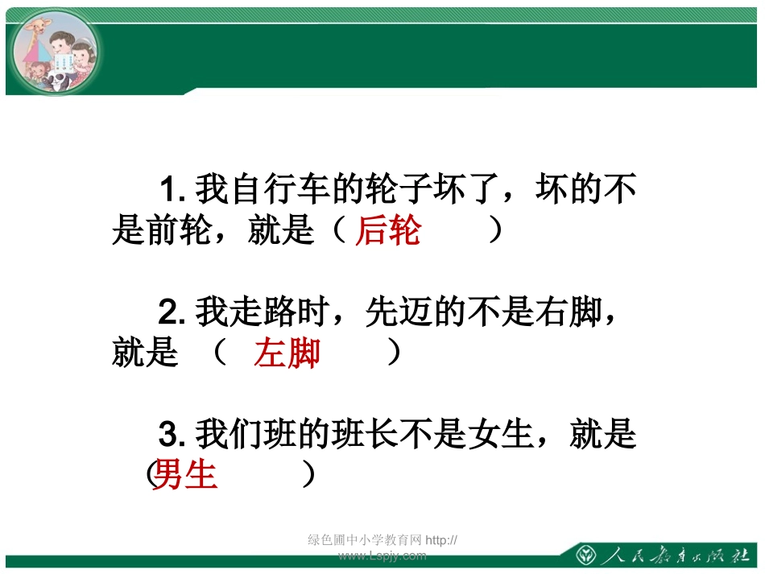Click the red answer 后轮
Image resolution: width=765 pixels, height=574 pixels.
[388, 231]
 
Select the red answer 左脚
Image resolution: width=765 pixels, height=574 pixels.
[287, 353]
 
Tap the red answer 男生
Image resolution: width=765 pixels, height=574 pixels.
[186, 475]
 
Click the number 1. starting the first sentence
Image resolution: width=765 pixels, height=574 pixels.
[173, 190]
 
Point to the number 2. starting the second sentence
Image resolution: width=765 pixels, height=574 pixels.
[173, 312]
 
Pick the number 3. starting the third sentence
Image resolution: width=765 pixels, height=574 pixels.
[173, 436]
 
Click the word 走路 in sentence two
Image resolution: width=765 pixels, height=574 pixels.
[263, 312]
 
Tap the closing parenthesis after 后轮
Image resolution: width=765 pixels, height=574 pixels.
[496, 231]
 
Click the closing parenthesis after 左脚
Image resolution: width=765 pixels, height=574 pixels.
[394, 353]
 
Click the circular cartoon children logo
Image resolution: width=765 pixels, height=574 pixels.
[55, 52]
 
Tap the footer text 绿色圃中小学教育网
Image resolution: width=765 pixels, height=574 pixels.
[366, 540]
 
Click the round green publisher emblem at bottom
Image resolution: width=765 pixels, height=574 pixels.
[585, 555]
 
